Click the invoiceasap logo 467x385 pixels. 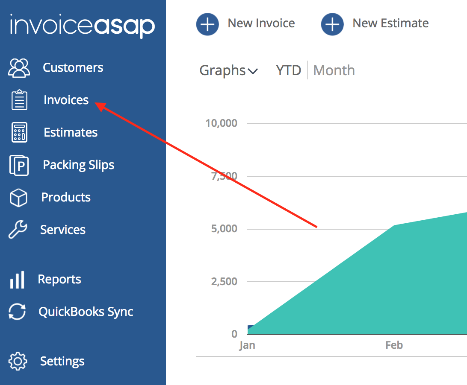[82, 26]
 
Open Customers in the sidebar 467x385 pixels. [73, 67]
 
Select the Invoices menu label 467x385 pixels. [66, 100]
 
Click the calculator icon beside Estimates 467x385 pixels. [19, 132]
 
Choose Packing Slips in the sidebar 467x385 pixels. [78, 165]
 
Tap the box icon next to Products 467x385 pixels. [18, 198]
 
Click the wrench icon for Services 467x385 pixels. [18, 230]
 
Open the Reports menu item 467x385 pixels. [59, 279]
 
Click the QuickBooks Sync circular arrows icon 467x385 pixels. [18, 312]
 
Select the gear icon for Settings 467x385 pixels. [18, 361]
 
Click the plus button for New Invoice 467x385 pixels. [207, 24]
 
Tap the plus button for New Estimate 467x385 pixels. [332, 24]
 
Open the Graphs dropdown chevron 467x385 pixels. [253, 71]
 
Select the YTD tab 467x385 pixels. [289, 70]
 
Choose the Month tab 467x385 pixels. [334, 70]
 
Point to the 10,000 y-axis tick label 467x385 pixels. [221, 123]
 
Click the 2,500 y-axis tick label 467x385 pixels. [224, 281]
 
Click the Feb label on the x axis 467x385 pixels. [394, 345]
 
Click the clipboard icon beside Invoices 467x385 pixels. [19, 100]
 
